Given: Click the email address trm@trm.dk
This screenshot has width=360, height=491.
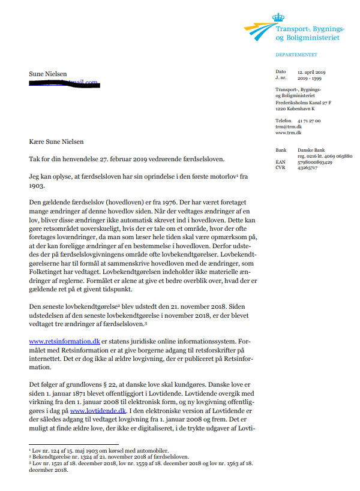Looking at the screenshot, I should (x=287, y=126).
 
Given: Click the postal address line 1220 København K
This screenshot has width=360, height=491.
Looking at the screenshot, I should (x=295, y=109).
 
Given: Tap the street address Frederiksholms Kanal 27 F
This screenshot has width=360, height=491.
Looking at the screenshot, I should (x=303, y=103).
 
